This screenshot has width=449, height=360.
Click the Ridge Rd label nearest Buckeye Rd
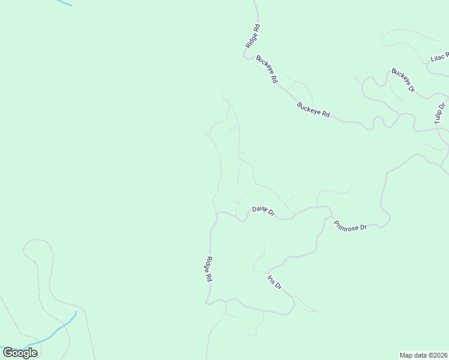tap(253, 36)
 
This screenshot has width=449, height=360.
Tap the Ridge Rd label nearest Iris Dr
tap(209, 269)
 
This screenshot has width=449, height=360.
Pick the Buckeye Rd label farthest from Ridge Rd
tap(314, 110)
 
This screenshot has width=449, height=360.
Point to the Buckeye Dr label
tap(403, 80)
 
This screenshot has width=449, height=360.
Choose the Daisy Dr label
tap(263, 211)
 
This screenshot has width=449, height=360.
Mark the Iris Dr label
tap(274, 282)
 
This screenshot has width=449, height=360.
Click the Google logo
tap(20, 353)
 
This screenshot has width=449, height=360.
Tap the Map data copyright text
tap(423, 355)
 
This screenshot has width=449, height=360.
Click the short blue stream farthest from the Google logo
tap(63, 2)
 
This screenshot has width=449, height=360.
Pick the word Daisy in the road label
tap(259, 209)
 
